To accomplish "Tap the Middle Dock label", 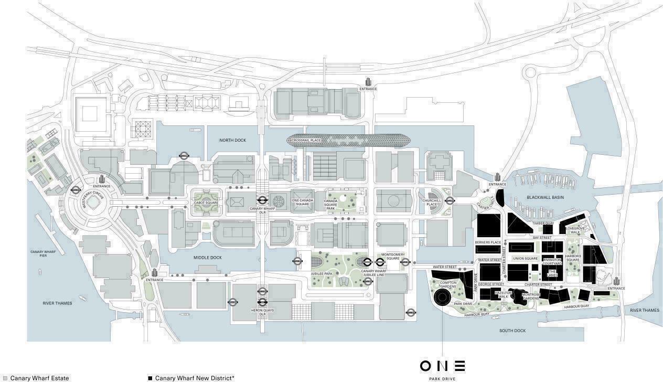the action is (x=208, y=258).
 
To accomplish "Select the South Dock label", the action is (x=512, y=331).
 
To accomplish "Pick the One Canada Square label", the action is (x=302, y=202).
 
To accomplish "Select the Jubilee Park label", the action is (x=322, y=273).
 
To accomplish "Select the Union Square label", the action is (x=525, y=259).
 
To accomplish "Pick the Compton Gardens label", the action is (x=448, y=284).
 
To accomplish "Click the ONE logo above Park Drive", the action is (x=442, y=366).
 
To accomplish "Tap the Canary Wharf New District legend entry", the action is (x=191, y=378).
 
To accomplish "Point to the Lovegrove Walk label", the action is (x=575, y=230).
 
